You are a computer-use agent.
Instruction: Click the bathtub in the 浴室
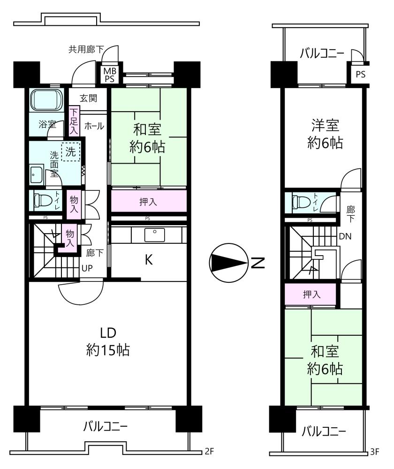coord(46,99)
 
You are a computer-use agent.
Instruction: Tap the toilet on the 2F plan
coord(39,200)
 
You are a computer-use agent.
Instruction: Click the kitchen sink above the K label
coord(154,235)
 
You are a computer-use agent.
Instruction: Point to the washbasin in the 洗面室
coord(37,174)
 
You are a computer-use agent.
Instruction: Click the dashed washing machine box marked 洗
coord(71,151)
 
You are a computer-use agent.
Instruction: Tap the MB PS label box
coord(109,75)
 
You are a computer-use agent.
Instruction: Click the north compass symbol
coord(228,263)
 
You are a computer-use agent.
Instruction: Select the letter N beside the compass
coord(258,263)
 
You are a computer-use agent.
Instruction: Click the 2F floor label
coord(209,451)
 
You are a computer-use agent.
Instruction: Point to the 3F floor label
coord(374,451)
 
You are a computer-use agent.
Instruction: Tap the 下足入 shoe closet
coord(74,121)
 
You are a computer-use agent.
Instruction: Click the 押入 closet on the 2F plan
coord(149,201)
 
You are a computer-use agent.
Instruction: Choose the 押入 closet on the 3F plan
coord(311,295)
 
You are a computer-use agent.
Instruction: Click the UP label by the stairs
coord(87,268)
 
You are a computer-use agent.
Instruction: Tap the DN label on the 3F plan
coord(345,236)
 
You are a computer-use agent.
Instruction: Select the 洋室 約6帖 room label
coord(325,134)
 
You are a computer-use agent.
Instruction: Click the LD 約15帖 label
coord(108,341)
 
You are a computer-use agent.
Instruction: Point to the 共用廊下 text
coord(86,49)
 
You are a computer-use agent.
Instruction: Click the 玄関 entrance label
coord(88,98)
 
